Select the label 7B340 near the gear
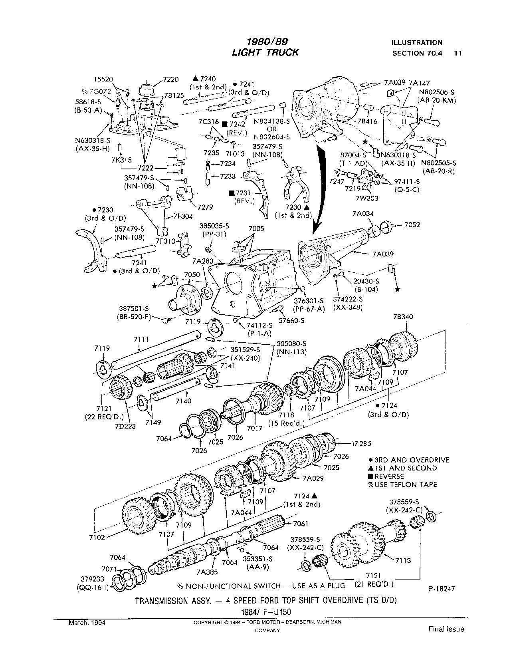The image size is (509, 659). tap(403, 317)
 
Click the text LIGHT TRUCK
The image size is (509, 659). tap(265, 52)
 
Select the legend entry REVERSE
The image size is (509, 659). tap(389, 476)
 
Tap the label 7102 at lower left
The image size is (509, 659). tap(97, 537)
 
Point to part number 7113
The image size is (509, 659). tap(403, 560)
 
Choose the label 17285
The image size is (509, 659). tap(362, 443)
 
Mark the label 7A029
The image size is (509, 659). tap(313, 478)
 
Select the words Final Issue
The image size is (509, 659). tap(446, 629)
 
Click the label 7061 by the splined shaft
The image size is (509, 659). tap(301, 523)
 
